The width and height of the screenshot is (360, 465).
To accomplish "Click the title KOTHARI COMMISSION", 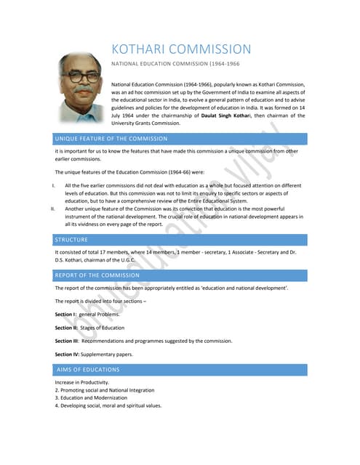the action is [x=181, y=49].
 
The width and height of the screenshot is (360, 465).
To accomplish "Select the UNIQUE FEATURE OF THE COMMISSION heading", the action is [x=111, y=138].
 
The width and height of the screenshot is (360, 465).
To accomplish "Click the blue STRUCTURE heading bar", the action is [x=71, y=240].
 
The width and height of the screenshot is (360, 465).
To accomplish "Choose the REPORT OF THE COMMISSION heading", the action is [x=97, y=275].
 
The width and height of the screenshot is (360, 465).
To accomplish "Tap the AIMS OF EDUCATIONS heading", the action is [x=88, y=370].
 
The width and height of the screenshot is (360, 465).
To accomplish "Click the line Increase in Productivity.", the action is [x=82, y=382].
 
